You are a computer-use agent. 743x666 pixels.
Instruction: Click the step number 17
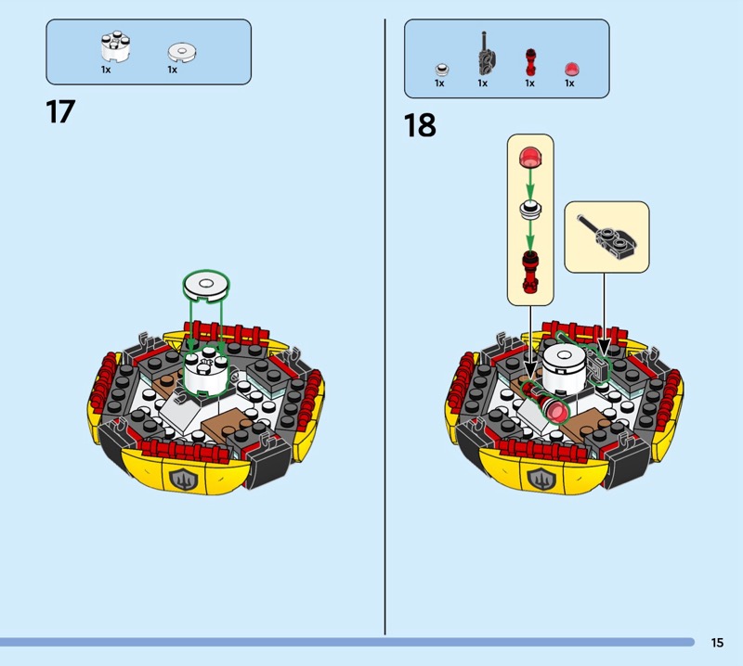tap(60, 112)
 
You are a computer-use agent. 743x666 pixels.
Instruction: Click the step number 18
tap(420, 125)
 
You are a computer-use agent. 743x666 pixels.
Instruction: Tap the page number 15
tap(717, 642)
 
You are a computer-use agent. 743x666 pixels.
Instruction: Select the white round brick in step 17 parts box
tap(115, 47)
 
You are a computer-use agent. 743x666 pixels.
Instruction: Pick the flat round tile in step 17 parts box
tap(182, 53)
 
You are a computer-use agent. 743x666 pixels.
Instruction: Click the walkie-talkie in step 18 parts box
tap(485, 55)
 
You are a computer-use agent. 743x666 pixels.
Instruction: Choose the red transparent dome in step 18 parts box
tap(571, 70)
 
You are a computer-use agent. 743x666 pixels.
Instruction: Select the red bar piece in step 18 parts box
tap(530, 62)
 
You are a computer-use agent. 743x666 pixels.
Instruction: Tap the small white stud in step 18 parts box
tap(442, 70)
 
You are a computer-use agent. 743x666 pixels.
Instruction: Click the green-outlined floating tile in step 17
tap(206, 286)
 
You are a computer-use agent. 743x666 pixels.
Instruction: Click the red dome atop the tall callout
tap(530, 157)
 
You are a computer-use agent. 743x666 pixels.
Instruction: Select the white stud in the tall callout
tap(530, 209)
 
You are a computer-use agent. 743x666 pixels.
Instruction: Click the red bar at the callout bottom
tap(530, 272)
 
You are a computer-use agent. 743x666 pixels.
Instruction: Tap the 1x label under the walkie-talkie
tap(482, 83)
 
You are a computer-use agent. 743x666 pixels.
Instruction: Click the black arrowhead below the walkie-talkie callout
tap(604, 348)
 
